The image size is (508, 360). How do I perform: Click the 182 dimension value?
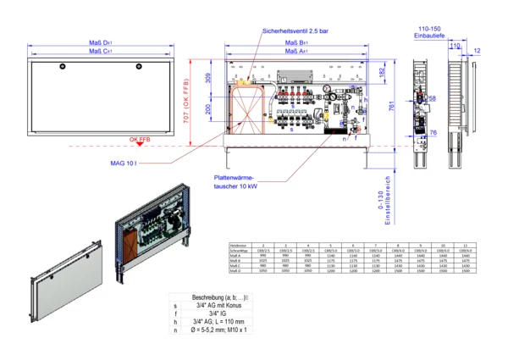coord(383,75)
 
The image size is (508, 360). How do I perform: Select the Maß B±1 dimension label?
coord(295,41)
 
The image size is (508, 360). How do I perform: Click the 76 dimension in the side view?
coord(433,133)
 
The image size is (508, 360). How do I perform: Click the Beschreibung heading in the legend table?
coord(219,297)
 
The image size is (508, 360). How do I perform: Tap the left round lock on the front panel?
coord(62,68)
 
